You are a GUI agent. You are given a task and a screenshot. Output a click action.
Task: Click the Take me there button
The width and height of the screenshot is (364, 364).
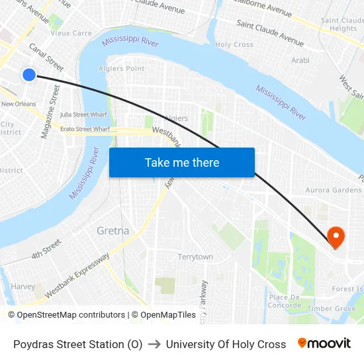coord(181,162)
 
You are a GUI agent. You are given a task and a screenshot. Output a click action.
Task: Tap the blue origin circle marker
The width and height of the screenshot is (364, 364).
coord(29,75)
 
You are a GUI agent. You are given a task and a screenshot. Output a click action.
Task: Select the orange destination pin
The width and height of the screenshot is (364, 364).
coord(336,237)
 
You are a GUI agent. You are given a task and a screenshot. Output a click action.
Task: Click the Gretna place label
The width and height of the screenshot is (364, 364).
coord(113,230)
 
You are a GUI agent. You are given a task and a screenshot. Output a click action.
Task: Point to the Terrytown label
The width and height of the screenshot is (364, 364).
coord(195,257)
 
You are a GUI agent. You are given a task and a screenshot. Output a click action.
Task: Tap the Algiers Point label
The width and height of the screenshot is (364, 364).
coord(121,68)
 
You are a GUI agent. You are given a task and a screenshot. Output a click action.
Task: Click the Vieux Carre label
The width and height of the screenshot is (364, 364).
coord(71,32)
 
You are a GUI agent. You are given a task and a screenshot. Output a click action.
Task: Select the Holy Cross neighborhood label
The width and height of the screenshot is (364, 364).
coord(234,45)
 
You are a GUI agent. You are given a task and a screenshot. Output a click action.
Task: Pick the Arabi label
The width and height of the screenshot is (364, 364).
coord(300,60)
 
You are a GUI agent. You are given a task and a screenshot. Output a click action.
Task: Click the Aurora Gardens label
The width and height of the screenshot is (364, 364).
coord(333,190)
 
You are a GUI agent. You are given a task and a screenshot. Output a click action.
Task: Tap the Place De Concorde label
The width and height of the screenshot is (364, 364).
coord(285,301)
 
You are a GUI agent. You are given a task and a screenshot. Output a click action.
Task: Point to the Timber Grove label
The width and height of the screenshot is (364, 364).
coord(332,308)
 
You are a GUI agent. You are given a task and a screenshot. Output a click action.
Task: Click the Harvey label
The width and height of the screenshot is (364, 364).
coord(23,287)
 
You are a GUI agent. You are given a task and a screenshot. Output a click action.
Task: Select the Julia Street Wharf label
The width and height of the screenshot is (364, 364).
coord(83,114)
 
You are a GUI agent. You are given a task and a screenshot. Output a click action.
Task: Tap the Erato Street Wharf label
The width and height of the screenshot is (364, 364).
coord(85,129)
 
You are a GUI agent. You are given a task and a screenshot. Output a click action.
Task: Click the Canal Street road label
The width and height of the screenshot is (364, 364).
coord(46,58)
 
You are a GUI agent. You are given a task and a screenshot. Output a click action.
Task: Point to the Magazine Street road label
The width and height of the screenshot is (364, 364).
coord(50,111)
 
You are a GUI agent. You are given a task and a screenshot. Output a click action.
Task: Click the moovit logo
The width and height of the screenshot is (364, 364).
coord(324,343)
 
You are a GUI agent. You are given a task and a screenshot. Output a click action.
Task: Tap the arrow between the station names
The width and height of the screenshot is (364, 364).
coord(154,344)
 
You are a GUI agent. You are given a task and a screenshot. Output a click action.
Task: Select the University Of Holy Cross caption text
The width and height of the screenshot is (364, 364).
coord(226,344)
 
